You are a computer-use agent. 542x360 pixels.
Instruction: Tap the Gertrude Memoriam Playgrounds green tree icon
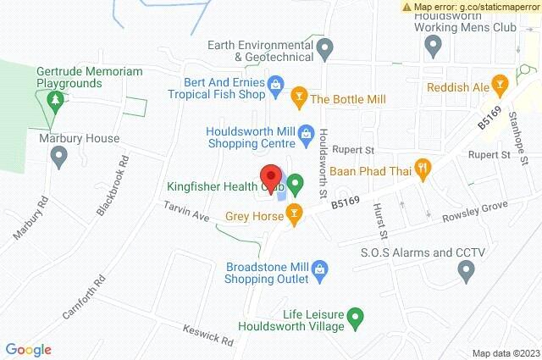click(55, 101)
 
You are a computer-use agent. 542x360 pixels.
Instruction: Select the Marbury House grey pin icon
click(58, 157)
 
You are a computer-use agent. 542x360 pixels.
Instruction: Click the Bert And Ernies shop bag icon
click(275, 84)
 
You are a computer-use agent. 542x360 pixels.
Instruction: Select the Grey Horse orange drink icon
click(294, 213)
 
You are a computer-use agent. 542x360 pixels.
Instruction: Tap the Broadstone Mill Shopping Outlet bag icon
click(319, 272)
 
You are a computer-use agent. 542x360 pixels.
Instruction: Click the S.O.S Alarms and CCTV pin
click(465, 271)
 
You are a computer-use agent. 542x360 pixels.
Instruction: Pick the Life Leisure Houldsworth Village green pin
click(357, 318)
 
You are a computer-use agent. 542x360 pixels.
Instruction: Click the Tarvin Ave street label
click(187, 211)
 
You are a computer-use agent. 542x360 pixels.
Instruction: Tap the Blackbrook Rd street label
click(113, 185)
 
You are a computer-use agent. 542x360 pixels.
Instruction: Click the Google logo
click(28, 349)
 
